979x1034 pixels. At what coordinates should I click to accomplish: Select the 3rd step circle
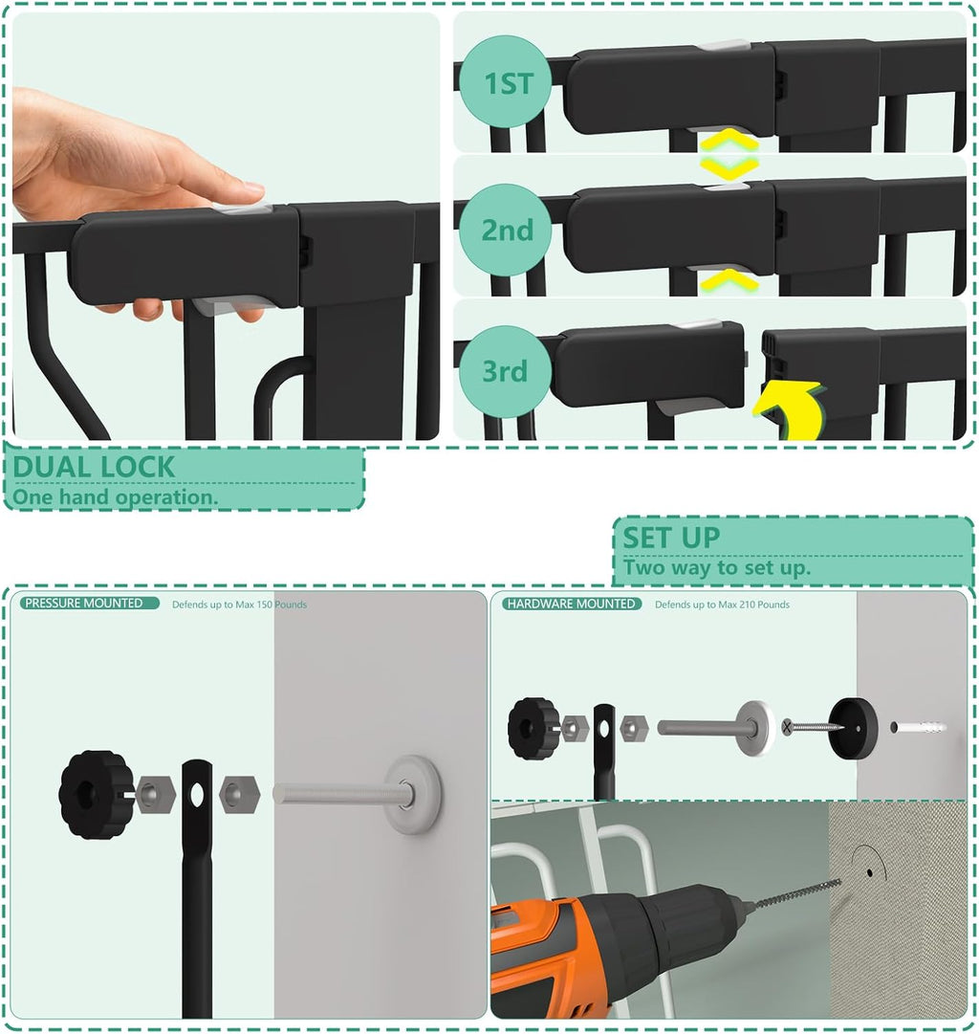505,372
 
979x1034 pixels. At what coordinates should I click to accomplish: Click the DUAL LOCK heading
94,468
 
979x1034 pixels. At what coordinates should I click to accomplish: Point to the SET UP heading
671,538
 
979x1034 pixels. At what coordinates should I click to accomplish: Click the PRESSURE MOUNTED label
84,604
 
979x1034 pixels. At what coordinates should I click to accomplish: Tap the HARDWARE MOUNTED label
572,604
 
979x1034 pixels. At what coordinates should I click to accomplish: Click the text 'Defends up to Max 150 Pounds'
239,605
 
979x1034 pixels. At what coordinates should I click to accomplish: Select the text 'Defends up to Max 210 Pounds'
722,605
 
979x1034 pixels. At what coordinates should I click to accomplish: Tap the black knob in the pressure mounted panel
94,793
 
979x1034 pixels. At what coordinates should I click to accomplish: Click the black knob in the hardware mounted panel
533,728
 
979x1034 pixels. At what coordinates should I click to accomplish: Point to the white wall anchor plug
918,728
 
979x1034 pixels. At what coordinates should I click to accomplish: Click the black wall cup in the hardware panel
852,728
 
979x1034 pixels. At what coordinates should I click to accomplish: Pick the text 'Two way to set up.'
717,567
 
